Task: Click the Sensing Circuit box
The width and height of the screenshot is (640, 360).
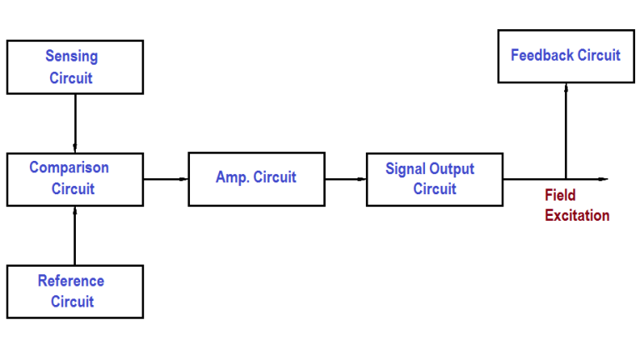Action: tap(75, 67)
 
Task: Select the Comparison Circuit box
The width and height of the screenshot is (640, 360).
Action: tap(75, 178)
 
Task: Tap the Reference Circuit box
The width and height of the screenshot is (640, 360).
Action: tap(75, 291)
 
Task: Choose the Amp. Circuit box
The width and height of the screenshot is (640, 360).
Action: tap(257, 178)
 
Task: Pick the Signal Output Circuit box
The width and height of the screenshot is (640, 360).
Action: tap(434, 178)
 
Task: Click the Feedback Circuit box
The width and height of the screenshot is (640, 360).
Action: tap(565, 56)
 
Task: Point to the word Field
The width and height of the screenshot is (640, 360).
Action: tap(560, 196)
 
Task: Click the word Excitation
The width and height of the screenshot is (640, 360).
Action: tap(577, 216)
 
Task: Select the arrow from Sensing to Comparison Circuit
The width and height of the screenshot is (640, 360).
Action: tap(75, 122)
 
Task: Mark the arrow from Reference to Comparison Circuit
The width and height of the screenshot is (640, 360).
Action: tap(75, 235)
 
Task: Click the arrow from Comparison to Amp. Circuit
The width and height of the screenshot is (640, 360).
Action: tap(166, 178)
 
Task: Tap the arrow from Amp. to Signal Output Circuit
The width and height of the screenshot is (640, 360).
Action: tap(346, 178)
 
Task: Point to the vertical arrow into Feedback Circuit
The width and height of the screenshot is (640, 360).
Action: tap(566, 129)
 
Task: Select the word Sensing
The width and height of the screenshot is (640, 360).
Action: tap(72, 57)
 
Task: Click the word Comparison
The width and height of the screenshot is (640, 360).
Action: tap(69, 167)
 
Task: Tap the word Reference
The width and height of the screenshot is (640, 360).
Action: tap(71, 281)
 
